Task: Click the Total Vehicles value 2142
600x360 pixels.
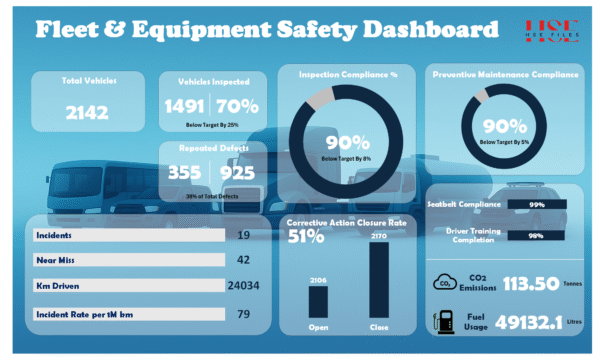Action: point(87,113)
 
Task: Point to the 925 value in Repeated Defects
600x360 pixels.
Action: point(237,171)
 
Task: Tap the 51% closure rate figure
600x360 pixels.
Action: point(306,237)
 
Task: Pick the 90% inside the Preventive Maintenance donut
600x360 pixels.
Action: point(505,128)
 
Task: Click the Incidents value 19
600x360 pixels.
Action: point(244,235)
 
